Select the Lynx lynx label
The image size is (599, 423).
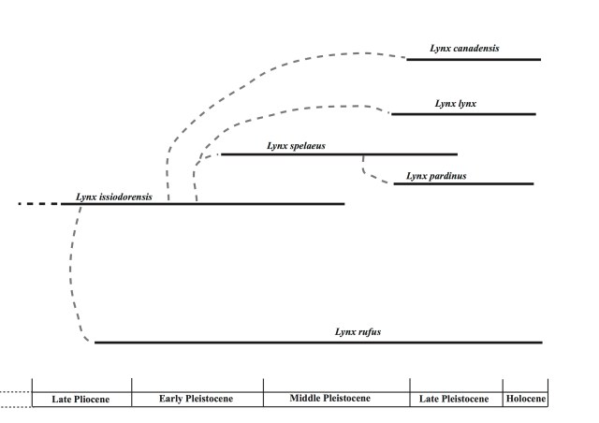[x=456, y=103]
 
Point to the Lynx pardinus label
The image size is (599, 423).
[x=436, y=175]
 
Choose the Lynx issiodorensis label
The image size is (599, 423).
[x=113, y=197]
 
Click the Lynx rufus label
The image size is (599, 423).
[x=358, y=331]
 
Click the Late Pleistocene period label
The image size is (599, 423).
[x=455, y=399]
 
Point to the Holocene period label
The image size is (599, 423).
[x=525, y=399]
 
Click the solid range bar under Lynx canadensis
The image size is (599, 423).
[x=473, y=59]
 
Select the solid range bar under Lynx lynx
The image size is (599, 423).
[x=463, y=114]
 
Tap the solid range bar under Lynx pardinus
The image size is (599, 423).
[x=463, y=183]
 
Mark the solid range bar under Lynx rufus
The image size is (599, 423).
[x=318, y=343]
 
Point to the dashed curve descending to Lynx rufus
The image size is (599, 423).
[x=71, y=271]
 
